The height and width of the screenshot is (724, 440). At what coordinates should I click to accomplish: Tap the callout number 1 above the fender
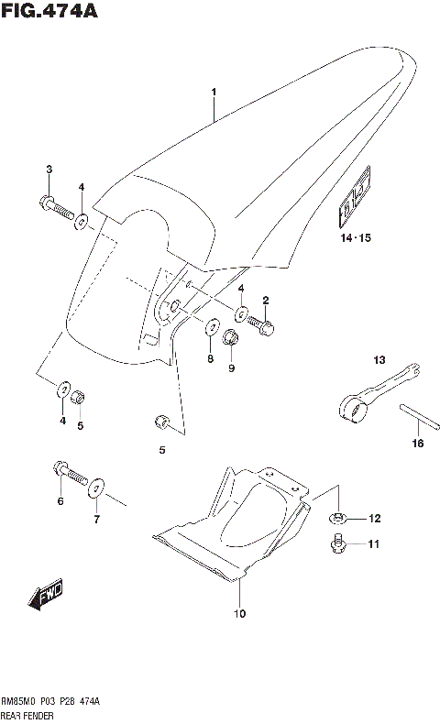(x=214, y=93)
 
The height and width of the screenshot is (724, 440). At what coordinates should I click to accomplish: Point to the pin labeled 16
(x=417, y=420)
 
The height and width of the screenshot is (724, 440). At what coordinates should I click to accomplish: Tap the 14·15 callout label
(x=353, y=239)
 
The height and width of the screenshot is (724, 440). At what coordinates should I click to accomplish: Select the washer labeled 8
(x=210, y=327)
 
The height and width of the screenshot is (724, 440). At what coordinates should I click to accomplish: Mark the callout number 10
(x=239, y=614)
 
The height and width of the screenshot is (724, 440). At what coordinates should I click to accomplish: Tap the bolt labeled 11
(x=336, y=546)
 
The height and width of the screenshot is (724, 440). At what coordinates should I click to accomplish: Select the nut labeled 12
(x=336, y=520)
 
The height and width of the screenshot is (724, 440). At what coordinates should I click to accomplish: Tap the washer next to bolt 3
(x=82, y=220)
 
